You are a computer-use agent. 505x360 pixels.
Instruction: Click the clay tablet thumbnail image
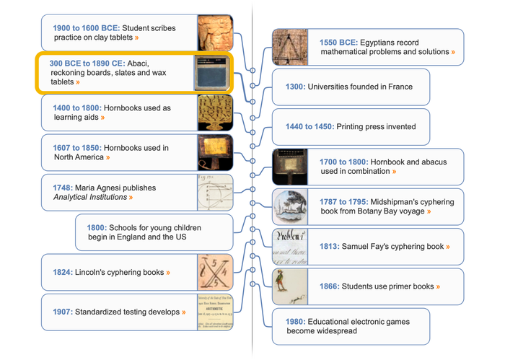(215, 32)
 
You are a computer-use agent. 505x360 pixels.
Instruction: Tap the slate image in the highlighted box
(211, 73)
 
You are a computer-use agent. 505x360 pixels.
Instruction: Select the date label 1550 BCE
(338, 43)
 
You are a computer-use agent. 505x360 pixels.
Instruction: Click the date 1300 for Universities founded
(295, 87)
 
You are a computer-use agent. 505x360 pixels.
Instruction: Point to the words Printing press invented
(376, 126)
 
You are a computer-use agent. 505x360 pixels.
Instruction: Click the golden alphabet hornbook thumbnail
(215, 113)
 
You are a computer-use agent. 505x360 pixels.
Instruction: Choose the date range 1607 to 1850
(77, 148)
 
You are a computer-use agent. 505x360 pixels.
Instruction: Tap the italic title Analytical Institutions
(90, 197)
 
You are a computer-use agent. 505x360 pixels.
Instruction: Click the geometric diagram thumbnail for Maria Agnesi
(215, 193)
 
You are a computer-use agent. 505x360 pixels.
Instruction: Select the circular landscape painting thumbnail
(290, 207)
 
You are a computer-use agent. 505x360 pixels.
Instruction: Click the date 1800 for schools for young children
(97, 228)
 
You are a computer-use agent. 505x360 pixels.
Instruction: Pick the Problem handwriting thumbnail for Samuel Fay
(290, 247)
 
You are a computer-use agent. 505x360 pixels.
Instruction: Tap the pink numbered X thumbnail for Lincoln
(215, 273)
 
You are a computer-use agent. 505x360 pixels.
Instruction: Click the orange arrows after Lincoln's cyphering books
(168, 273)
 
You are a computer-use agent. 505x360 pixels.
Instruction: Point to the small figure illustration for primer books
(290, 286)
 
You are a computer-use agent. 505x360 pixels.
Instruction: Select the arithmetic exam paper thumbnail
(215, 312)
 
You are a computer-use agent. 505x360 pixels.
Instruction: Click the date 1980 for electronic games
(295, 322)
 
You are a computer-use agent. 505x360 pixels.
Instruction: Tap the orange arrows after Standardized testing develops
(184, 312)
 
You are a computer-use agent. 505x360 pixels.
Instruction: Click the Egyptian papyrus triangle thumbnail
(290, 47)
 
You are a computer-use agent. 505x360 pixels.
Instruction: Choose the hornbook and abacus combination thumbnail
(290, 167)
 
